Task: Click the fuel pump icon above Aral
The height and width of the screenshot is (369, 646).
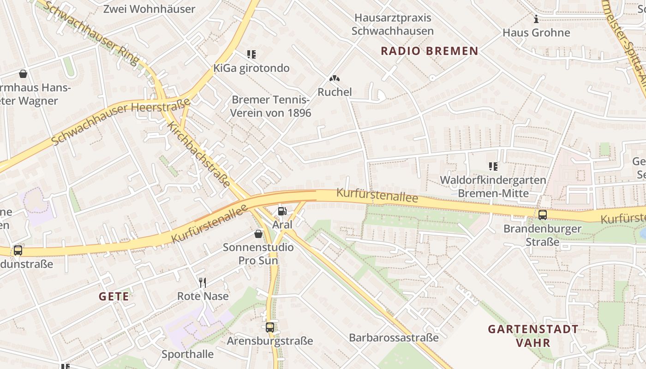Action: click(282, 211)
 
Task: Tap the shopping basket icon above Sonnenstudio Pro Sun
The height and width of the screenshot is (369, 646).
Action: click(258, 234)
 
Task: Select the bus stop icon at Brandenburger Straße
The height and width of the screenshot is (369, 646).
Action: click(543, 214)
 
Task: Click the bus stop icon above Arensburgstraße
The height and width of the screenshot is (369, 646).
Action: click(270, 327)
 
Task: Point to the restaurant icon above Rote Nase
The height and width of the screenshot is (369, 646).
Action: click(202, 282)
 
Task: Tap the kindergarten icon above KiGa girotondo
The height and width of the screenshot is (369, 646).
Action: click(251, 54)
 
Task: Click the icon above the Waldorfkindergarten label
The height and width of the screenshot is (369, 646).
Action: click(493, 166)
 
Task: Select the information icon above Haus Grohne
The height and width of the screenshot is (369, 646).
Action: click(536, 19)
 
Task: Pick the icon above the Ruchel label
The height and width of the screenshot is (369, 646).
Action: click(335, 79)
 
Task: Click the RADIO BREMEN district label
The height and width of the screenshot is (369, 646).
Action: click(429, 51)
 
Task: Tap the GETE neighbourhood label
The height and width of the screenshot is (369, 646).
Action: click(114, 297)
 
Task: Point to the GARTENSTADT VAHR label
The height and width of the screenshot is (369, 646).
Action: click(533, 336)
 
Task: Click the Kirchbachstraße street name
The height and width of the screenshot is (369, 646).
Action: click(199, 154)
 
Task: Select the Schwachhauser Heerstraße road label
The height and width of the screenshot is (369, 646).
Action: click(121, 121)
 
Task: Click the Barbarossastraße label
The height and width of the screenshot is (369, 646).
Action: click(394, 338)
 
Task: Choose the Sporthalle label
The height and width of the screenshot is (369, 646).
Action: click(187, 354)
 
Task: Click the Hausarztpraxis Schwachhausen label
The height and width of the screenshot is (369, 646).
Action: click(393, 24)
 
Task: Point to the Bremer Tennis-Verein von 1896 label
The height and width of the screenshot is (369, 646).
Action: click(271, 106)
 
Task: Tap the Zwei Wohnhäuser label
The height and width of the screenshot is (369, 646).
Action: click(149, 9)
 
